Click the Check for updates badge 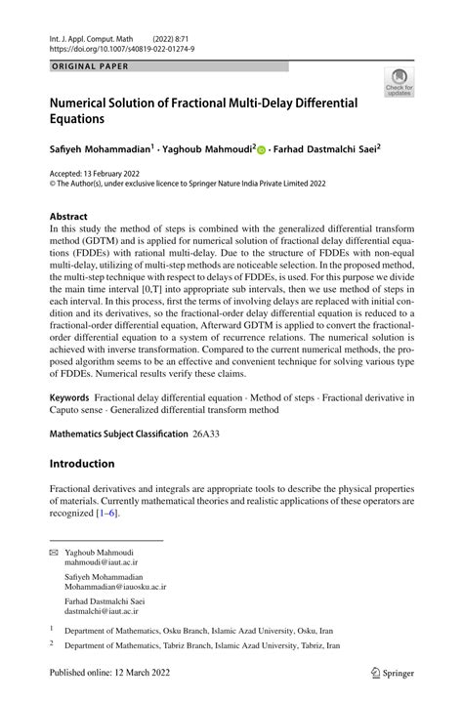[399, 83]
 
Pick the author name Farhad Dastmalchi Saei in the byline [327, 149]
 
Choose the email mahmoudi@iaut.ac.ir [102, 563]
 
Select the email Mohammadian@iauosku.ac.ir [115, 587]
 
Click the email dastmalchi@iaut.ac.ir [105, 610]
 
